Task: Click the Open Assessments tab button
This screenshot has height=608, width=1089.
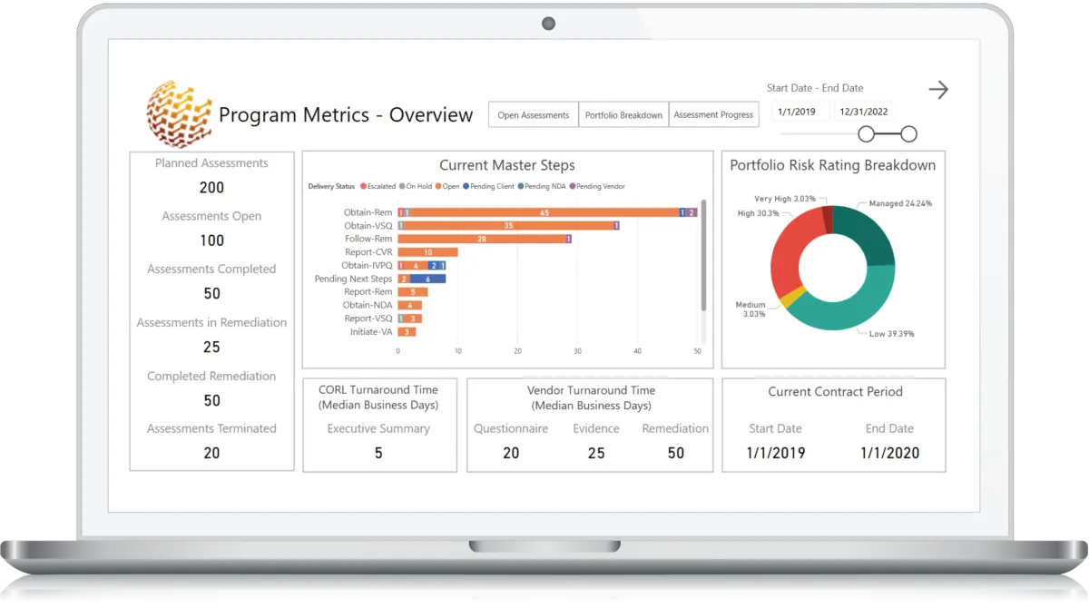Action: pyautogui.click(x=534, y=115)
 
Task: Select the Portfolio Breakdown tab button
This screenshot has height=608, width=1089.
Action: pyautogui.click(x=623, y=115)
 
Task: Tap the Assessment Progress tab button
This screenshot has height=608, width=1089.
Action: pyautogui.click(x=713, y=115)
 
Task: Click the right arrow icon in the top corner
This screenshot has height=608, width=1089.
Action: pyautogui.click(x=938, y=89)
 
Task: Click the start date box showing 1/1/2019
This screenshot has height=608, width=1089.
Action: pyautogui.click(x=797, y=112)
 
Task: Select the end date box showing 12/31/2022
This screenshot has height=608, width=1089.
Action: pyautogui.click(x=863, y=112)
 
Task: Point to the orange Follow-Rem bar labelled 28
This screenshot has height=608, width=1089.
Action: pyautogui.click(x=481, y=239)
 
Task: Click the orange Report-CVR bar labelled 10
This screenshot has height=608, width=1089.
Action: pyautogui.click(x=427, y=252)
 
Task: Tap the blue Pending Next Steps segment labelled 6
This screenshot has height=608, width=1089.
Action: pyautogui.click(x=427, y=279)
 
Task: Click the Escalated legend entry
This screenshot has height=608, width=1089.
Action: pyautogui.click(x=378, y=187)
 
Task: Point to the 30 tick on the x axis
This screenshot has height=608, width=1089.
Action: pyautogui.click(x=577, y=350)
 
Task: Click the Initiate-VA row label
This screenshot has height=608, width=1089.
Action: pyautogui.click(x=371, y=331)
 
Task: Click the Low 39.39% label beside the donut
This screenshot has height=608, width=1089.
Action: pyautogui.click(x=891, y=334)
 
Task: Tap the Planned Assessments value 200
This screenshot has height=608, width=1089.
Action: pyautogui.click(x=211, y=188)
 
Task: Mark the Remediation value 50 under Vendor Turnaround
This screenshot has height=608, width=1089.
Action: pyautogui.click(x=675, y=453)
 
